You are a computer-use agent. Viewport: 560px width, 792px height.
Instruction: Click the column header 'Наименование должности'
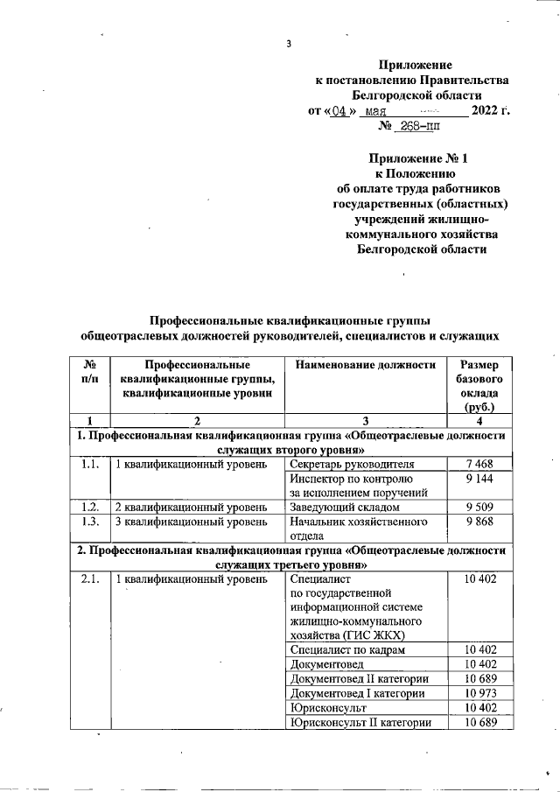point(366,365)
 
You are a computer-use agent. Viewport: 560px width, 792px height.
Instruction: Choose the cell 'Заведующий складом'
point(345,507)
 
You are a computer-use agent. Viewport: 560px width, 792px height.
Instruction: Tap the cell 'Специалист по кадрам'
point(347,650)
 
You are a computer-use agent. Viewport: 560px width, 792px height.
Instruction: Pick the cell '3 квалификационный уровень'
point(192,522)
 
